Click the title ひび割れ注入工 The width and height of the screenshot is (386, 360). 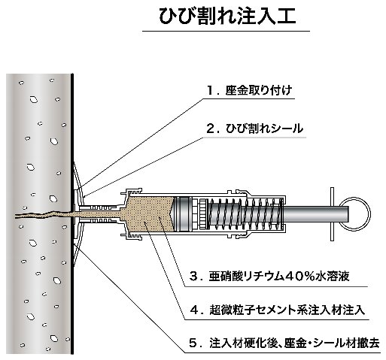click(x=227, y=17)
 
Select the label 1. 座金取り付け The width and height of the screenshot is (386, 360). click(x=250, y=90)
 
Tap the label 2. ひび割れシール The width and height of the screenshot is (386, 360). click(x=254, y=129)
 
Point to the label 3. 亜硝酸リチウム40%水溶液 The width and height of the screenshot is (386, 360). click(x=269, y=277)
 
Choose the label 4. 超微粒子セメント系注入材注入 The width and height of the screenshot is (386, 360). click(x=278, y=310)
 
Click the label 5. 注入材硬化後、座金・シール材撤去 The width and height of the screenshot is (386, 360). click(x=284, y=343)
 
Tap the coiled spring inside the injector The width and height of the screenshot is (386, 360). click(x=246, y=213)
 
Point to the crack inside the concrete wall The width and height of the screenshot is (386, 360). click(x=44, y=215)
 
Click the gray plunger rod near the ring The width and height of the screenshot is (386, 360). click(x=317, y=213)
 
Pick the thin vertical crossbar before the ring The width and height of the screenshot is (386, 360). click(x=332, y=214)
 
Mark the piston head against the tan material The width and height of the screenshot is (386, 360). click(x=183, y=213)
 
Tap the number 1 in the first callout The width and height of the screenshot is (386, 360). click(x=211, y=91)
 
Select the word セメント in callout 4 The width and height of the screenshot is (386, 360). click(x=272, y=310)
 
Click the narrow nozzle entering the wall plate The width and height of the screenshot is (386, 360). click(x=99, y=213)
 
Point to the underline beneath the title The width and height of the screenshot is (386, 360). click(x=226, y=31)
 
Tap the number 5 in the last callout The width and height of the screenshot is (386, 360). click(x=193, y=343)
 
